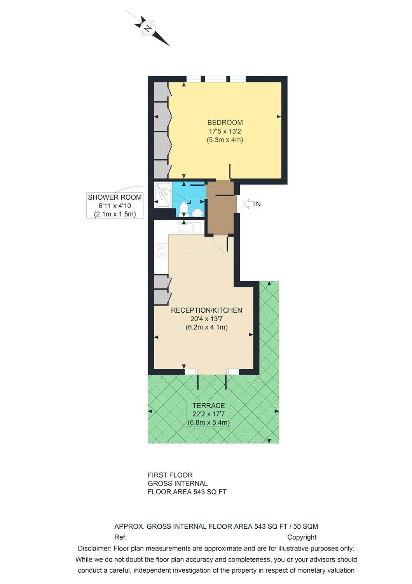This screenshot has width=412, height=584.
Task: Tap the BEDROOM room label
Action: pos(225,123)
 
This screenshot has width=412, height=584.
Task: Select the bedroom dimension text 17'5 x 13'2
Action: pos(225,132)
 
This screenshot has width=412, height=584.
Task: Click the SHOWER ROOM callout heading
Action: pos(115,197)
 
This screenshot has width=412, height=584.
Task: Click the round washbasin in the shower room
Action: pos(197,212)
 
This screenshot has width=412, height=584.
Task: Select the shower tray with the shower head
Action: pos(162,195)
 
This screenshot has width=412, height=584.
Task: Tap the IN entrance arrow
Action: pos(249,204)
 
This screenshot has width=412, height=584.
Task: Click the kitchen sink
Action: pos(189,227)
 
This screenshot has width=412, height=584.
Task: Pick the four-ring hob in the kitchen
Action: pos(161,251)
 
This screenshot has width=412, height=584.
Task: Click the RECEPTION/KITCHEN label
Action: pos(206,310)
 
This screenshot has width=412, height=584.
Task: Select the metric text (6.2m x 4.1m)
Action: pos(206,327)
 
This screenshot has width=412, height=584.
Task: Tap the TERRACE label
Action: pos(209,406)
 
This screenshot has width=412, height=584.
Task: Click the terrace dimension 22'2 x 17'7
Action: pos(209,414)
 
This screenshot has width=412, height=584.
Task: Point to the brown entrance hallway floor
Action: pos(220,218)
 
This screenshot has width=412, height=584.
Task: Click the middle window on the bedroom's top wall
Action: pos(215,79)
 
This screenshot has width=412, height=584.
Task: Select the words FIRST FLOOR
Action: pos(170,475)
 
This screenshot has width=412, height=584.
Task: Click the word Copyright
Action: pos(302,537)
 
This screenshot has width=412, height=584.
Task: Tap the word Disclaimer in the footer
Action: pos(94,549)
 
